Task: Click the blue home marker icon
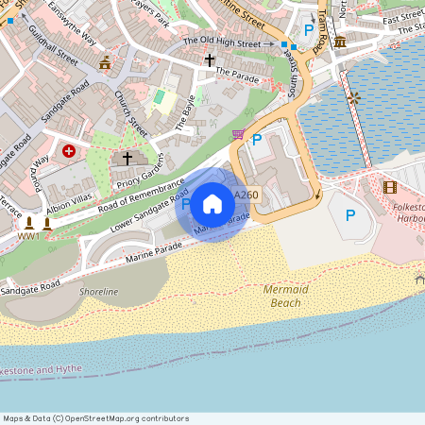[x=212, y=203]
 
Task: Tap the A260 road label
[x=246, y=195]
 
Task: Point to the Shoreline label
[x=99, y=292]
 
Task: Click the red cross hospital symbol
[x=68, y=150]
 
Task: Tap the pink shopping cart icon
[x=238, y=134]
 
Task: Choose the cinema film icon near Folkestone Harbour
[x=390, y=186]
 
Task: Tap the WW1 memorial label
[x=28, y=236]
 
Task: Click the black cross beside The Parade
[x=210, y=60]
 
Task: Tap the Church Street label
[x=131, y=113]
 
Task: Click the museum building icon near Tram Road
[x=339, y=42]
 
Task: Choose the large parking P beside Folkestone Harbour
[x=350, y=215]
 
